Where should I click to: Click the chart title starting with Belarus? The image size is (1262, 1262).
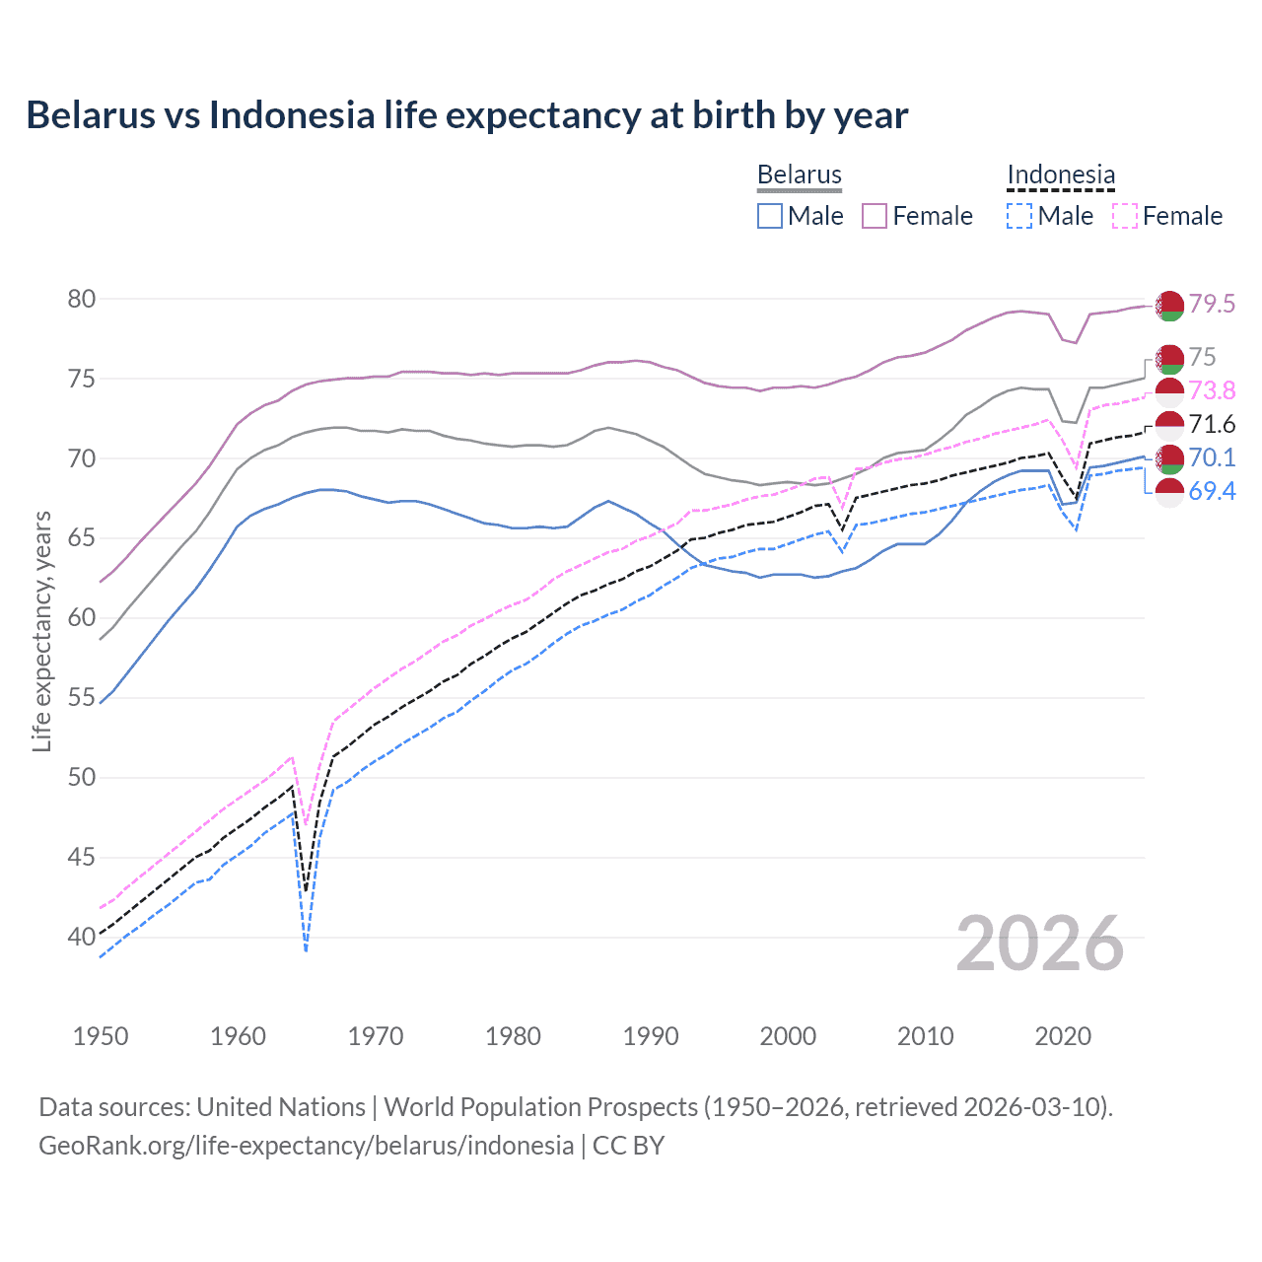pos(466,115)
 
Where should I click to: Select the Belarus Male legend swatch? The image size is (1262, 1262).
pos(770,216)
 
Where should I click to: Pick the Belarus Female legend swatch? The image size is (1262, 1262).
pos(875,216)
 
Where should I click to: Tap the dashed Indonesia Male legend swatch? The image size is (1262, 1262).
pos(1019,216)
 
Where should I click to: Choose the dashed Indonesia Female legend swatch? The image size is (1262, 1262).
pos(1125,216)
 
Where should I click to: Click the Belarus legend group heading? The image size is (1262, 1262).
pos(799,175)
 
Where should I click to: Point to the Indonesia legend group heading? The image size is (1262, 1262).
pos(1061,175)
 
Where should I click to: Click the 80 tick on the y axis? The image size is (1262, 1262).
pos(82,299)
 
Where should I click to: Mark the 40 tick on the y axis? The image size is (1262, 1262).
pos(82,937)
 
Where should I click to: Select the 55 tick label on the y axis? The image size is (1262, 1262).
pos(82,698)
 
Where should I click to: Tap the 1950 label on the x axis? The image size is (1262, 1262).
pos(101,1036)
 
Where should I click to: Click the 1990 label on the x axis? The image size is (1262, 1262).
pos(651,1036)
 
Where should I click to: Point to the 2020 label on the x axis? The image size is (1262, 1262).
pos(1063,1036)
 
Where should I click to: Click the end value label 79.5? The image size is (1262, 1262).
pos(1212,304)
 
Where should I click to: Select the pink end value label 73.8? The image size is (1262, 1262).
pos(1212,390)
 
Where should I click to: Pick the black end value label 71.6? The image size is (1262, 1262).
pos(1212,424)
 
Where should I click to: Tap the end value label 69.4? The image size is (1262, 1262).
pos(1212,491)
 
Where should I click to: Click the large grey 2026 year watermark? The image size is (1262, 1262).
pos(1040,944)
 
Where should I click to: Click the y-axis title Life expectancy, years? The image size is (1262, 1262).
pos(41,631)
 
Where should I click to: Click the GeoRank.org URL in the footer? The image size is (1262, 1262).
pos(306,1146)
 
